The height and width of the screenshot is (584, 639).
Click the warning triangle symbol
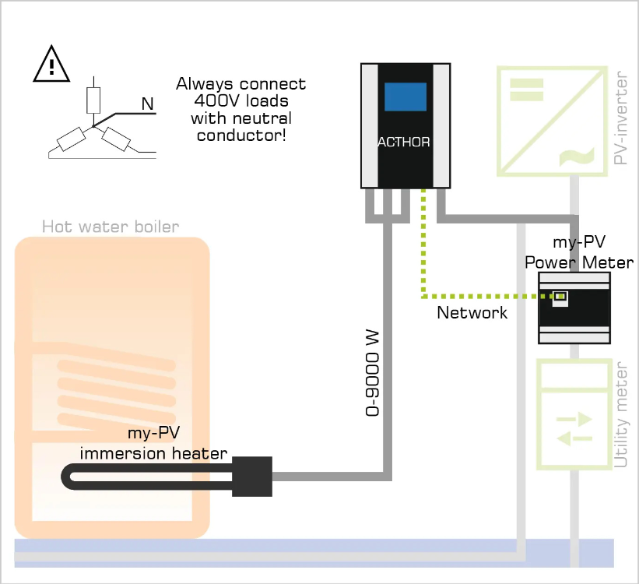coord(52,64)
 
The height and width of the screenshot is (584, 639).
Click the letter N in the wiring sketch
coord(147,103)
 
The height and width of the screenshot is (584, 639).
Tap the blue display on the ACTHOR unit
coord(405,97)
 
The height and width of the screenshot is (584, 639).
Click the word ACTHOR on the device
coord(404,142)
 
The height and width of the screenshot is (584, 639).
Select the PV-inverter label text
coord(620,119)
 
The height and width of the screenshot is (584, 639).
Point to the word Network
coord(472,313)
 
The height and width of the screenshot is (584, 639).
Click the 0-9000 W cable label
coord(372,373)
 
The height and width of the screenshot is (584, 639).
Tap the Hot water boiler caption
coord(111,227)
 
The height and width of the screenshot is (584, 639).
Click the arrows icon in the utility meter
coord(574,429)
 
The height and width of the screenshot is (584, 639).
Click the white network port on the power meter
coord(559,297)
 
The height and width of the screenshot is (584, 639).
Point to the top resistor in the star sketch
coord(93,100)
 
